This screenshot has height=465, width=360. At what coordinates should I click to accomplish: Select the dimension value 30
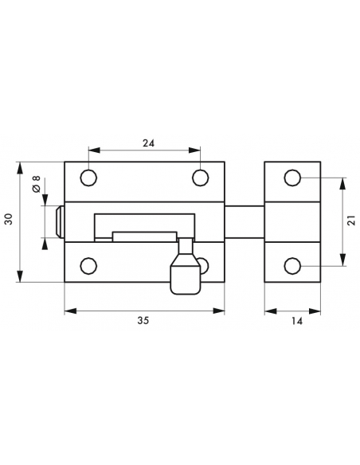(8, 220)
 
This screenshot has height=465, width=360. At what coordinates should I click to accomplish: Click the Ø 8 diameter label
(36, 183)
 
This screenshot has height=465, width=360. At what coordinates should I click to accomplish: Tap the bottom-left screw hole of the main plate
(89, 265)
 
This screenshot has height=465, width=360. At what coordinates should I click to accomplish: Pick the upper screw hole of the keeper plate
(293, 177)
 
